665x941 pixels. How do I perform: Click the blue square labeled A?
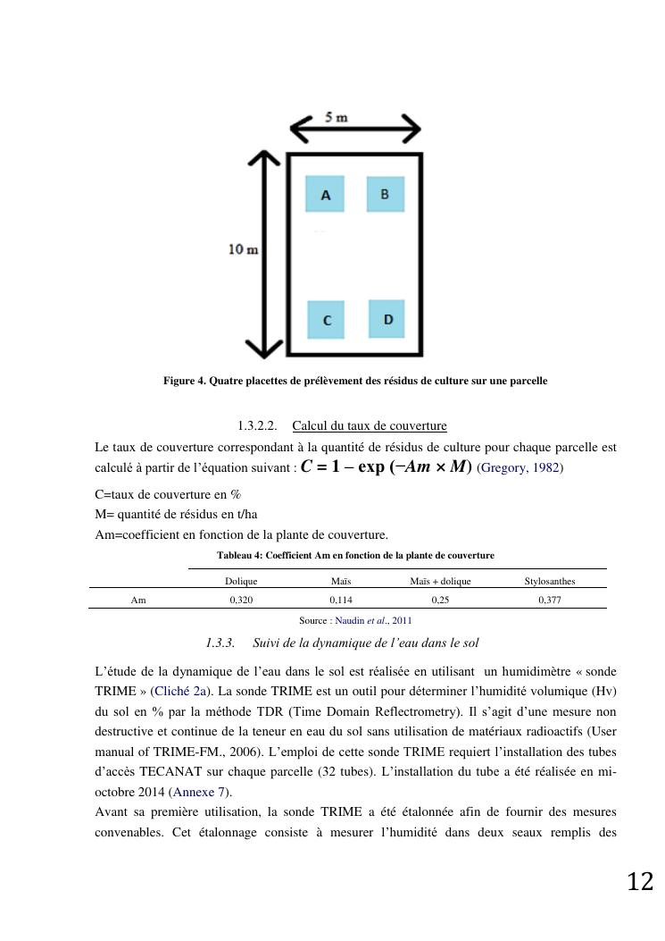click(326, 194)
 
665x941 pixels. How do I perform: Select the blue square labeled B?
click(385, 194)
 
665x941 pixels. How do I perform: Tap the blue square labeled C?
click(327, 319)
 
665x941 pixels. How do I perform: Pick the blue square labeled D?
click(387, 318)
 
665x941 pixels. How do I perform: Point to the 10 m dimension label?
click(243, 249)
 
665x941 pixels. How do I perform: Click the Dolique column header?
click(241, 581)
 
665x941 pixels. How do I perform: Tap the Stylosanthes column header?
click(550, 581)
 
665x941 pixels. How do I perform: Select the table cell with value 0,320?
click(241, 601)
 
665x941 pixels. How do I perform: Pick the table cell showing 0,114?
click(341, 601)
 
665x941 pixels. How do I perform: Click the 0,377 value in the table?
click(550, 601)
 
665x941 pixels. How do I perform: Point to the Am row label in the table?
click(138, 601)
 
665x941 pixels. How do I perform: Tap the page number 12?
click(640, 882)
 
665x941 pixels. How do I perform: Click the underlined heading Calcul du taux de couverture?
click(370, 425)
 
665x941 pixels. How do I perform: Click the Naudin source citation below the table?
click(373, 620)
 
